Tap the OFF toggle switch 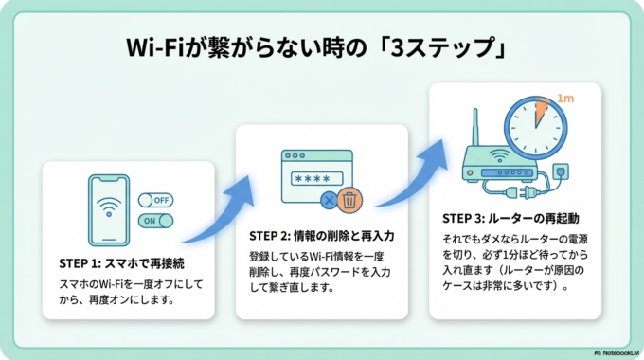(157, 201)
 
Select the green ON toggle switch (157, 221)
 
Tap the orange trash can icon (350, 201)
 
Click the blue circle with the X (329, 201)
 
